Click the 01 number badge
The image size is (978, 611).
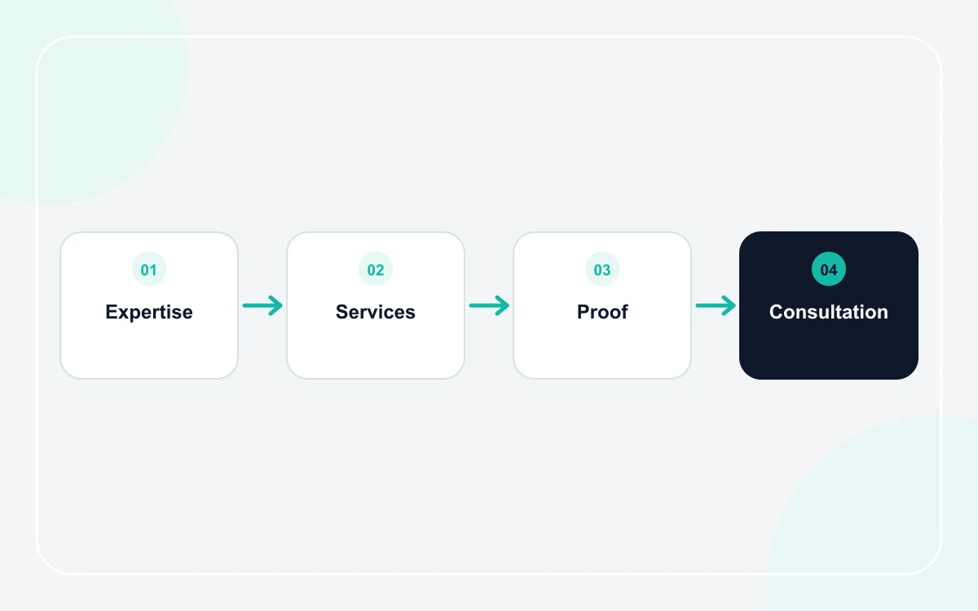click(x=149, y=269)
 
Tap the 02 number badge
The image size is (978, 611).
click(x=376, y=269)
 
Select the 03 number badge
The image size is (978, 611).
click(x=602, y=269)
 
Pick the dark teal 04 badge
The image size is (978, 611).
click(x=829, y=269)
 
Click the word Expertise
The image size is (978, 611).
click(x=149, y=313)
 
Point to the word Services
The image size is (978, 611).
click(x=376, y=312)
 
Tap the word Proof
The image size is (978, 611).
click(x=602, y=312)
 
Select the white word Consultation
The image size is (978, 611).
click(x=829, y=312)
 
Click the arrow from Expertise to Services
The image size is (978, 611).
click(x=262, y=305)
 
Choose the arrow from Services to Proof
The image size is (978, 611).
click(x=489, y=305)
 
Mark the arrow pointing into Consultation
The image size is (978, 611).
click(x=716, y=305)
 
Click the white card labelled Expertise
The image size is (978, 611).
click(x=149, y=349)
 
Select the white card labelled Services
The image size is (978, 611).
click(x=376, y=349)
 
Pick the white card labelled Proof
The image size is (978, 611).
click(x=602, y=349)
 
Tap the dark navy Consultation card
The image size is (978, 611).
click(x=829, y=349)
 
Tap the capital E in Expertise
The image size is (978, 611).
click(x=112, y=312)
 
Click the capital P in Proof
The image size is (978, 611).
click(x=584, y=312)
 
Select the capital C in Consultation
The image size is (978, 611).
click(x=778, y=312)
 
